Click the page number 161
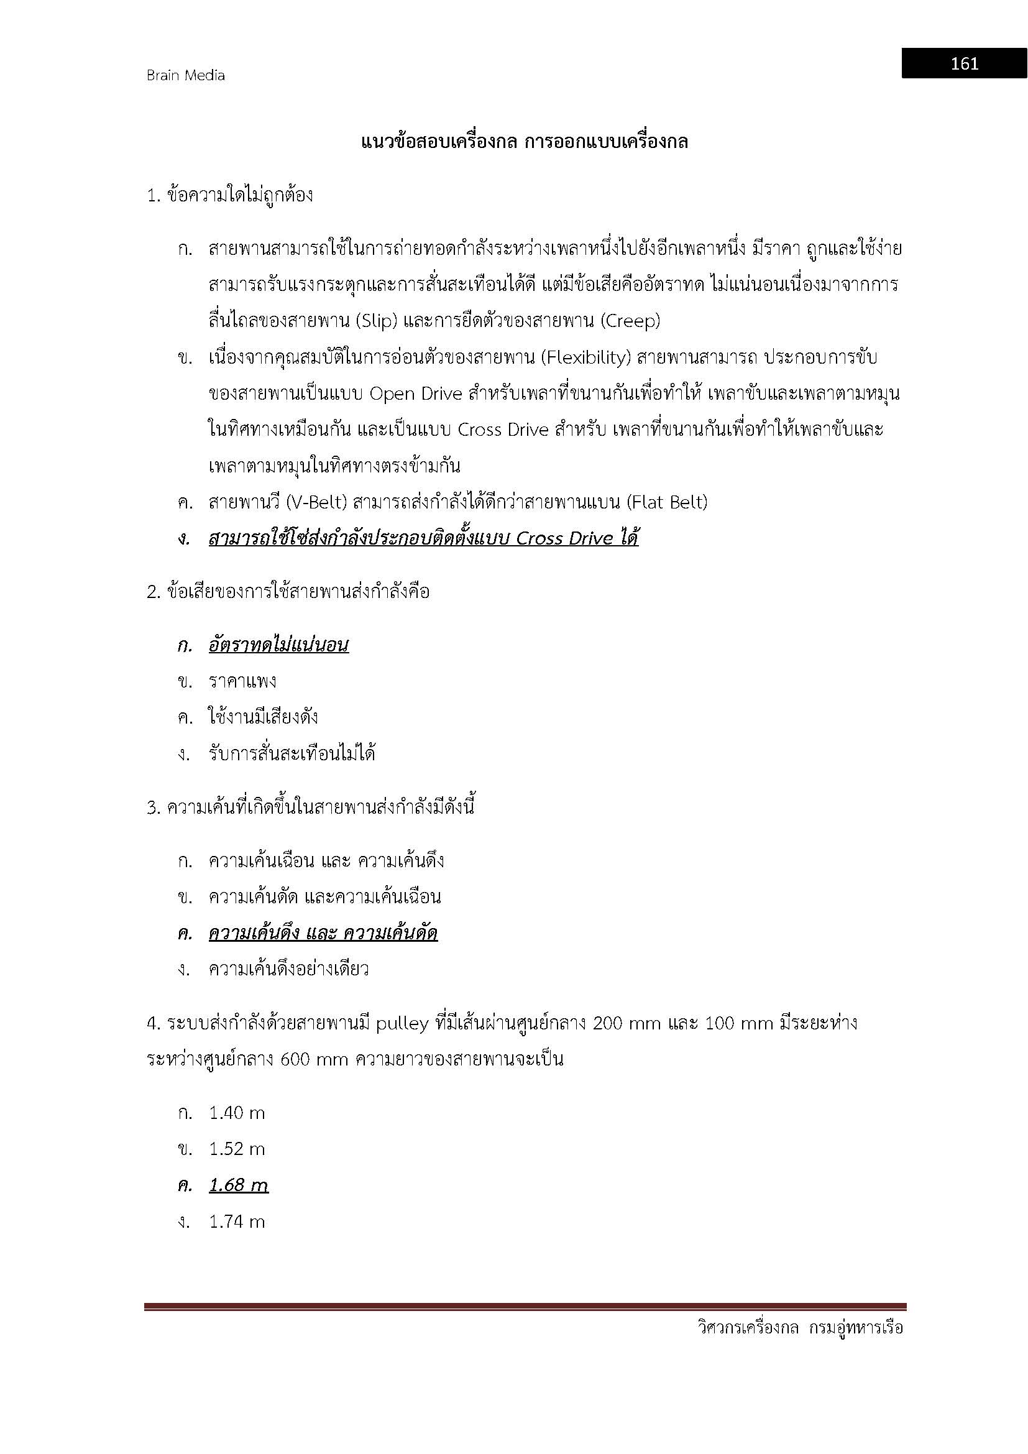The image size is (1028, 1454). tap(964, 63)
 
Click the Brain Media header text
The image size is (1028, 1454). tap(185, 75)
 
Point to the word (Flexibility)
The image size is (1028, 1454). tap(587, 358)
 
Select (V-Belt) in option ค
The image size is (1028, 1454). tap(317, 502)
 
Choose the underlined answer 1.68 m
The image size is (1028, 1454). tap(239, 1185)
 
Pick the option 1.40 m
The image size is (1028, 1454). tap(237, 1113)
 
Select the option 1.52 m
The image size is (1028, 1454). tap(237, 1149)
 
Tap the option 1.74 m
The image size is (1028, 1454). tap(237, 1222)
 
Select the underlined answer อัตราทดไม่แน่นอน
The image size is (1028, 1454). tap(278, 645)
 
